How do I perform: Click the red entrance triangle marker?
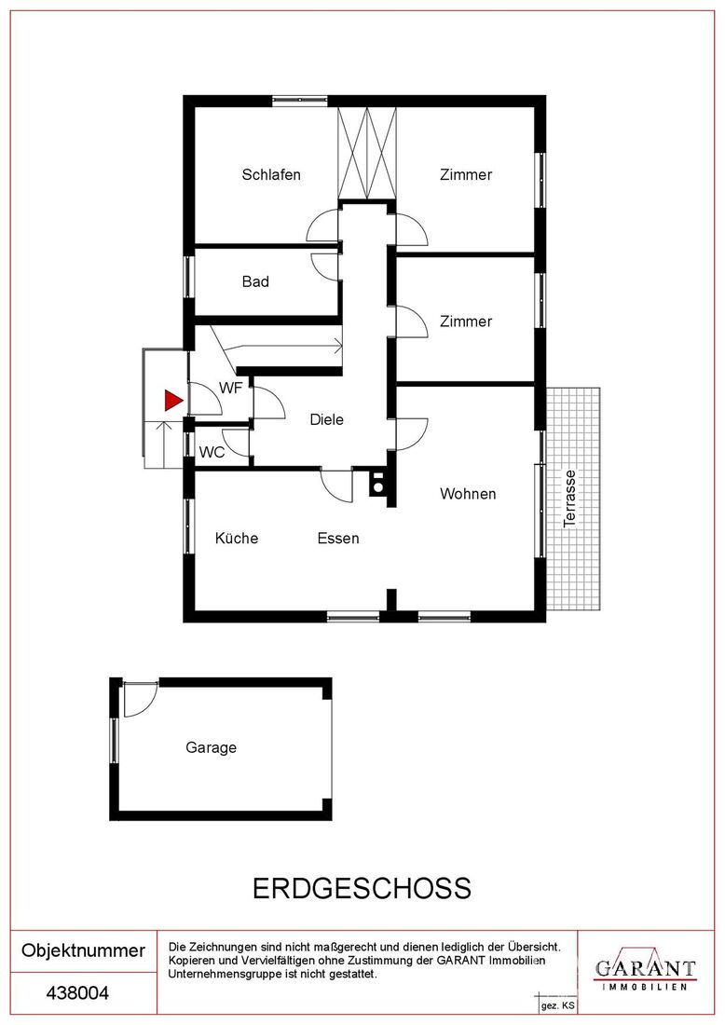[x=172, y=400]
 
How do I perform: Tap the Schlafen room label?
[x=271, y=174]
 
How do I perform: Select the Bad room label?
[x=255, y=281]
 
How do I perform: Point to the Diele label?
[x=327, y=419]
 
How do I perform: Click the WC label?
[x=212, y=452]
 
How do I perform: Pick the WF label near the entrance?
[x=231, y=389]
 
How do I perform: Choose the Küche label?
[x=237, y=538]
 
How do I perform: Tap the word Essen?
[x=338, y=539]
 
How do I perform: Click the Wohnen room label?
[x=468, y=494]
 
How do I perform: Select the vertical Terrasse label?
[x=570, y=499]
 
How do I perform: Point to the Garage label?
[x=212, y=748]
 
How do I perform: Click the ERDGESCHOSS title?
[x=362, y=889]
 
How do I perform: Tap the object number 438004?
[x=77, y=993]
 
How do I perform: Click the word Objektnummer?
[x=84, y=950]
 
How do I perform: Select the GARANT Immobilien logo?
[x=645, y=972]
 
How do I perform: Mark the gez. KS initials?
[x=557, y=1006]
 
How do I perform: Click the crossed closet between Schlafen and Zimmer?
[x=367, y=153]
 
